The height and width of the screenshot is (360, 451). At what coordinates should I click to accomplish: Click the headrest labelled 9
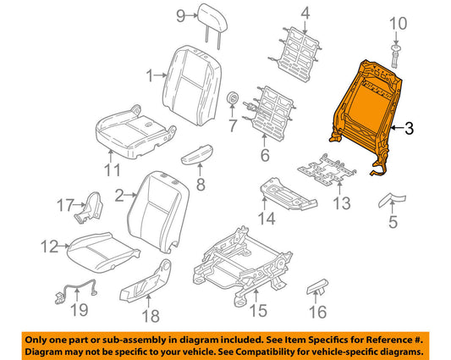coord(212,20)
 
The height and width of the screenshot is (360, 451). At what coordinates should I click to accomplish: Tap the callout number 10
coord(398,24)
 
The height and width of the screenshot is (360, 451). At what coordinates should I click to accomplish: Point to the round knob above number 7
coord(232,98)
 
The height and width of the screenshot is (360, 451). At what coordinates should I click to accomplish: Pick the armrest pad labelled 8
coord(198,154)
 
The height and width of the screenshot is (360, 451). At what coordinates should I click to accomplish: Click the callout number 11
coord(113,170)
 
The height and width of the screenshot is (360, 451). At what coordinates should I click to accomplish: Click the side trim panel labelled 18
coord(146,282)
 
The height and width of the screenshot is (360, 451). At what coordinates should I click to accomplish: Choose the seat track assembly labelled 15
coord(242,266)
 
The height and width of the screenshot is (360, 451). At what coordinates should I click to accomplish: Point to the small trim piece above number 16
coord(317,286)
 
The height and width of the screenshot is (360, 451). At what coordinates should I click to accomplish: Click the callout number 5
coord(393,222)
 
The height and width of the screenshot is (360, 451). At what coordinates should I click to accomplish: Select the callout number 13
coord(342,203)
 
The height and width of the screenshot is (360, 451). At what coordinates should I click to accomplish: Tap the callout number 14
coord(267,219)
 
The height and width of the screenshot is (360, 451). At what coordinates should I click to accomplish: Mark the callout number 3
coord(409,128)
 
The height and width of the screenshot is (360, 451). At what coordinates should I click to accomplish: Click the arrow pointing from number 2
coord(130,196)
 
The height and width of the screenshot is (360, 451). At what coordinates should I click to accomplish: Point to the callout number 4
coord(305,14)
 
